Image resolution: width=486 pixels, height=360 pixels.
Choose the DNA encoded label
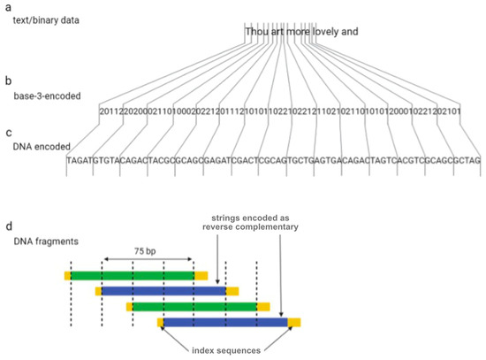pyautogui.click(x=40, y=145)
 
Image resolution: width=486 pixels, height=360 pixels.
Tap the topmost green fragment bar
pyautogui.click(x=132, y=275)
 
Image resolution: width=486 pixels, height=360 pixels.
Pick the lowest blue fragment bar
pyautogui.click(x=225, y=323)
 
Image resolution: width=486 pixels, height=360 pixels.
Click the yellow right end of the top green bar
pyautogui.click(x=201, y=275)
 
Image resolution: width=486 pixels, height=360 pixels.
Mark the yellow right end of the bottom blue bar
pyautogui.click(x=293, y=323)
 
